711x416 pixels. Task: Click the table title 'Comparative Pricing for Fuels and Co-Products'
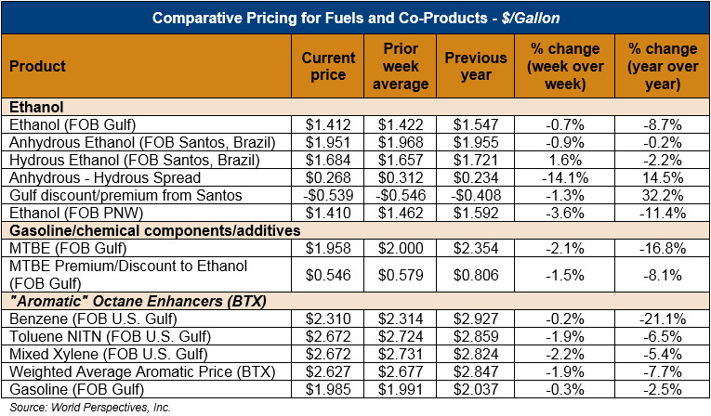355,18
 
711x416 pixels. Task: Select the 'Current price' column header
328,67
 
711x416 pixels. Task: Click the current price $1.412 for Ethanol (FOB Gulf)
328,124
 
